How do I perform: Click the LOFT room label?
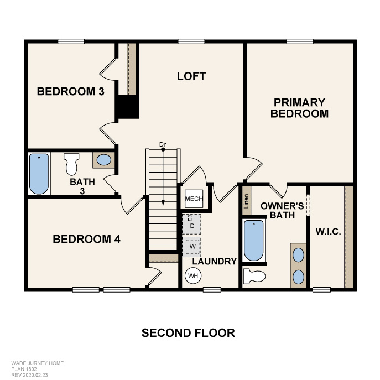191,76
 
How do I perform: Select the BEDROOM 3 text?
71,91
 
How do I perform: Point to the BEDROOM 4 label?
86,240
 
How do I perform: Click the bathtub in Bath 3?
39,173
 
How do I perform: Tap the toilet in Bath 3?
71,164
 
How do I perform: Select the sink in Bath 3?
103,160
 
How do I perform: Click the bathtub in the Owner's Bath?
253,240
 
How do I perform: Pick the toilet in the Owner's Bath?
254,275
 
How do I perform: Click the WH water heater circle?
193,275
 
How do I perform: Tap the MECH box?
194,199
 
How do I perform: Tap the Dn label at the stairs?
163,145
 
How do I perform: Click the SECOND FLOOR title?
188,333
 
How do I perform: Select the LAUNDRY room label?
215,261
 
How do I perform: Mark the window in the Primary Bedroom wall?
300,40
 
